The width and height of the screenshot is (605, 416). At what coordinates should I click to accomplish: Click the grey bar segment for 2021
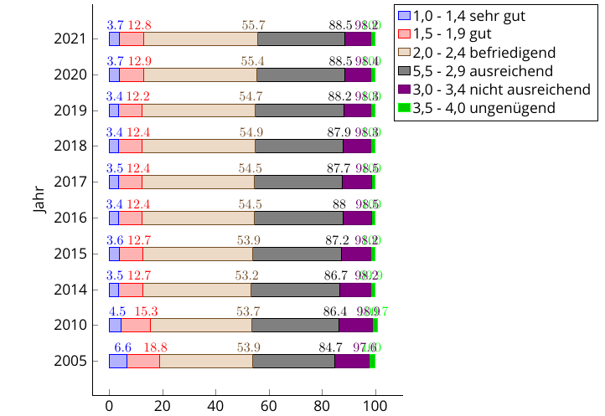pos(301,39)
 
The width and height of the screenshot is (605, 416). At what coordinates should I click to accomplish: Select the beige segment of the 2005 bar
pos(205,362)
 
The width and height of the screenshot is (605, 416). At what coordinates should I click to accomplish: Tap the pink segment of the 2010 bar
pos(136,326)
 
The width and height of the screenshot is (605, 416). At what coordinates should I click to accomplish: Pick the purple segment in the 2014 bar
pos(355,290)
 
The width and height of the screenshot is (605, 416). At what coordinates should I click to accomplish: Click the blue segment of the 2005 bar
pos(117,362)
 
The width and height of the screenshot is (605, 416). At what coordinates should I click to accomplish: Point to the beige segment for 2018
pos(198,146)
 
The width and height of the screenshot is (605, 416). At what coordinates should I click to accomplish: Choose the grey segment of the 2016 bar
pos(298,218)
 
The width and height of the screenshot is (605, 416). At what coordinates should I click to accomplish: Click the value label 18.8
pos(156,348)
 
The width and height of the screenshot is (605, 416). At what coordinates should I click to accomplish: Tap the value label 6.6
pos(123,348)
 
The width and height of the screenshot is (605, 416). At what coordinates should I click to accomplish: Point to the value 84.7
pos(331,348)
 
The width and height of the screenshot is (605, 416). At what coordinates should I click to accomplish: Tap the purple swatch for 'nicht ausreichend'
pos(404,89)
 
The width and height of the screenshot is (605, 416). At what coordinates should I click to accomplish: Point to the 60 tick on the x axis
pos(269,405)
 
